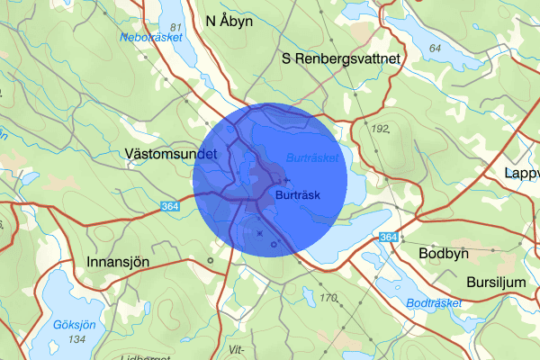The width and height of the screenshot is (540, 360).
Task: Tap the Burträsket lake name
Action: coord(311,157)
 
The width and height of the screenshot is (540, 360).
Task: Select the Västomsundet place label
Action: coord(172,155)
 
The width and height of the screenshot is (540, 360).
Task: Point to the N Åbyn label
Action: coord(229,20)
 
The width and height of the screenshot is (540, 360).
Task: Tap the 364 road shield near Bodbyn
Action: coord(388,237)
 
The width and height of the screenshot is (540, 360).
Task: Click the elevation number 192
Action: coord(382,130)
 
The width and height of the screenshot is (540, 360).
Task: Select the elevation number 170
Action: coord(328,298)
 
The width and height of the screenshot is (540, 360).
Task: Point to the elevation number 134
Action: coord(76,338)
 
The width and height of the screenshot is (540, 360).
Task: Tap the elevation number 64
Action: coord(436,49)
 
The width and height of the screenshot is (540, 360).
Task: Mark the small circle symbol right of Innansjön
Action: coord(210,261)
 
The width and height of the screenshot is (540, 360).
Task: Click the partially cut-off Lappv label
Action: coord(522,173)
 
